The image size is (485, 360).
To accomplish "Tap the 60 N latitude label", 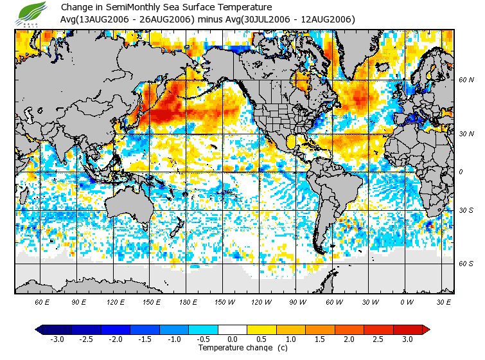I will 466,80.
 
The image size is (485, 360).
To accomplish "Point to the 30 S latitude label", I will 466,211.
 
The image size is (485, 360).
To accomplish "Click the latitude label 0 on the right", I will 461,172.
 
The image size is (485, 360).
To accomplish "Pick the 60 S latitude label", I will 466,264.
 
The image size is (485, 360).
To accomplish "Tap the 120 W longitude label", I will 261,301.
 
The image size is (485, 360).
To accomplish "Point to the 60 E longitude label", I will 42,301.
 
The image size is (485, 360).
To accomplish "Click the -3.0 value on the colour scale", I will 57,339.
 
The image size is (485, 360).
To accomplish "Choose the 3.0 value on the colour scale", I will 408,339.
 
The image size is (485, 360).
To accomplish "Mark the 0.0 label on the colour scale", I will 233,339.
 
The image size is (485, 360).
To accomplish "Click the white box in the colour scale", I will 233,330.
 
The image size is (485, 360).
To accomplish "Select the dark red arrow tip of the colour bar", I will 425,330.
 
